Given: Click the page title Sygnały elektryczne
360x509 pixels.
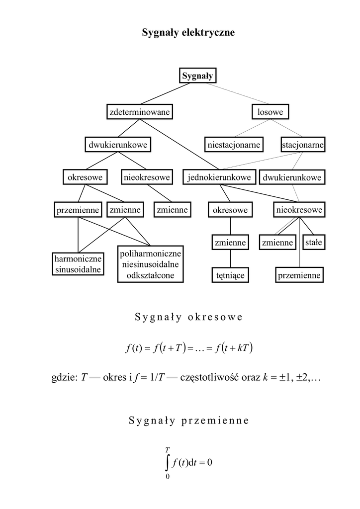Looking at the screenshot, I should pos(188,33).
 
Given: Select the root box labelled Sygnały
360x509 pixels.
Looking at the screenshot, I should pos(197,76).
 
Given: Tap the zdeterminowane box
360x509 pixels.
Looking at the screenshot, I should pos(139,112).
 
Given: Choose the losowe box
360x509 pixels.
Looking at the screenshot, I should pos(270,112).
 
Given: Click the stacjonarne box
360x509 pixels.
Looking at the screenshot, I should pos(302,145).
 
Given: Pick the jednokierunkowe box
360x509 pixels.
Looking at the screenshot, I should pos(219,177).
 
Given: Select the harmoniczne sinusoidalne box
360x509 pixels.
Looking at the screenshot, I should pos(78,264).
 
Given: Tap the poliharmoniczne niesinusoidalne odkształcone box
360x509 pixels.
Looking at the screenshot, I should pos(151,264).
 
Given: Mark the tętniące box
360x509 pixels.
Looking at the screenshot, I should pos(230,275).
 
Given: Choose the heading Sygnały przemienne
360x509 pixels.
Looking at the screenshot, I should pos(188,421).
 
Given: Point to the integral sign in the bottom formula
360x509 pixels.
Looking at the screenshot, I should pos(168,462).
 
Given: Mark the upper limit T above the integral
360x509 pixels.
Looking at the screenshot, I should pos(168,449).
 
